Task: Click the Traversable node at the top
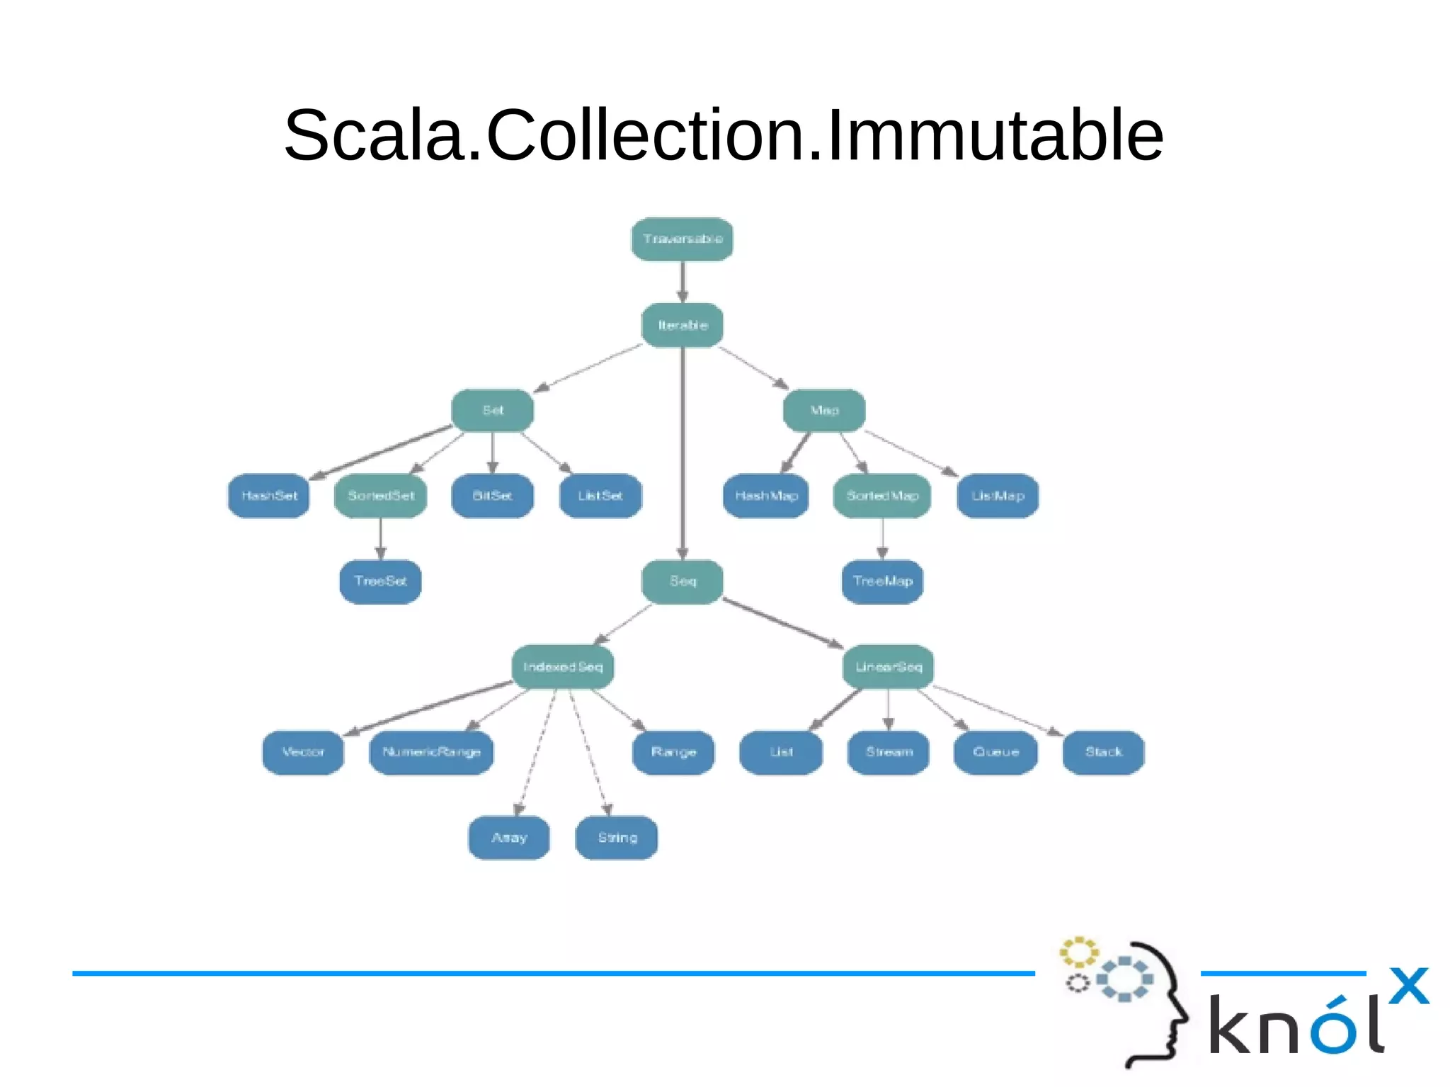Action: pyautogui.click(x=682, y=239)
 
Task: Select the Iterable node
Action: pyautogui.click(x=682, y=325)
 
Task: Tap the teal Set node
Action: pyautogui.click(x=492, y=410)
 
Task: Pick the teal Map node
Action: pyautogui.click(x=823, y=410)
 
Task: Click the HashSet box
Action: pyautogui.click(x=268, y=496)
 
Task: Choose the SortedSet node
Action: pyautogui.click(x=380, y=496)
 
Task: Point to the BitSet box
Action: pyautogui.click(x=492, y=496)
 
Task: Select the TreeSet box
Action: pyautogui.click(x=380, y=581)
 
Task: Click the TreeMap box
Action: pyautogui.click(x=882, y=581)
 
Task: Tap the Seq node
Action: pyautogui.click(x=682, y=581)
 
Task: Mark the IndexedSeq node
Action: pyautogui.click(x=562, y=667)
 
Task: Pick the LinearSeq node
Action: pyautogui.click(x=888, y=667)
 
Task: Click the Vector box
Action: pyautogui.click(x=303, y=752)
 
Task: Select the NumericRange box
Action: pyautogui.click(x=431, y=752)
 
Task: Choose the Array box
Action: pyautogui.click(x=509, y=838)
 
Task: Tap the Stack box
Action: pyautogui.click(x=1103, y=752)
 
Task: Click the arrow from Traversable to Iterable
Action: pyautogui.click(x=683, y=282)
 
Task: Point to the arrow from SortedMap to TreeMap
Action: pyautogui.click(x=882, y=539)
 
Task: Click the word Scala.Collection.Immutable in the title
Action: pyautogui.click(x=724, y=135)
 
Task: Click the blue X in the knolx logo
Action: pyautogui.click(x=1408, y=986)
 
